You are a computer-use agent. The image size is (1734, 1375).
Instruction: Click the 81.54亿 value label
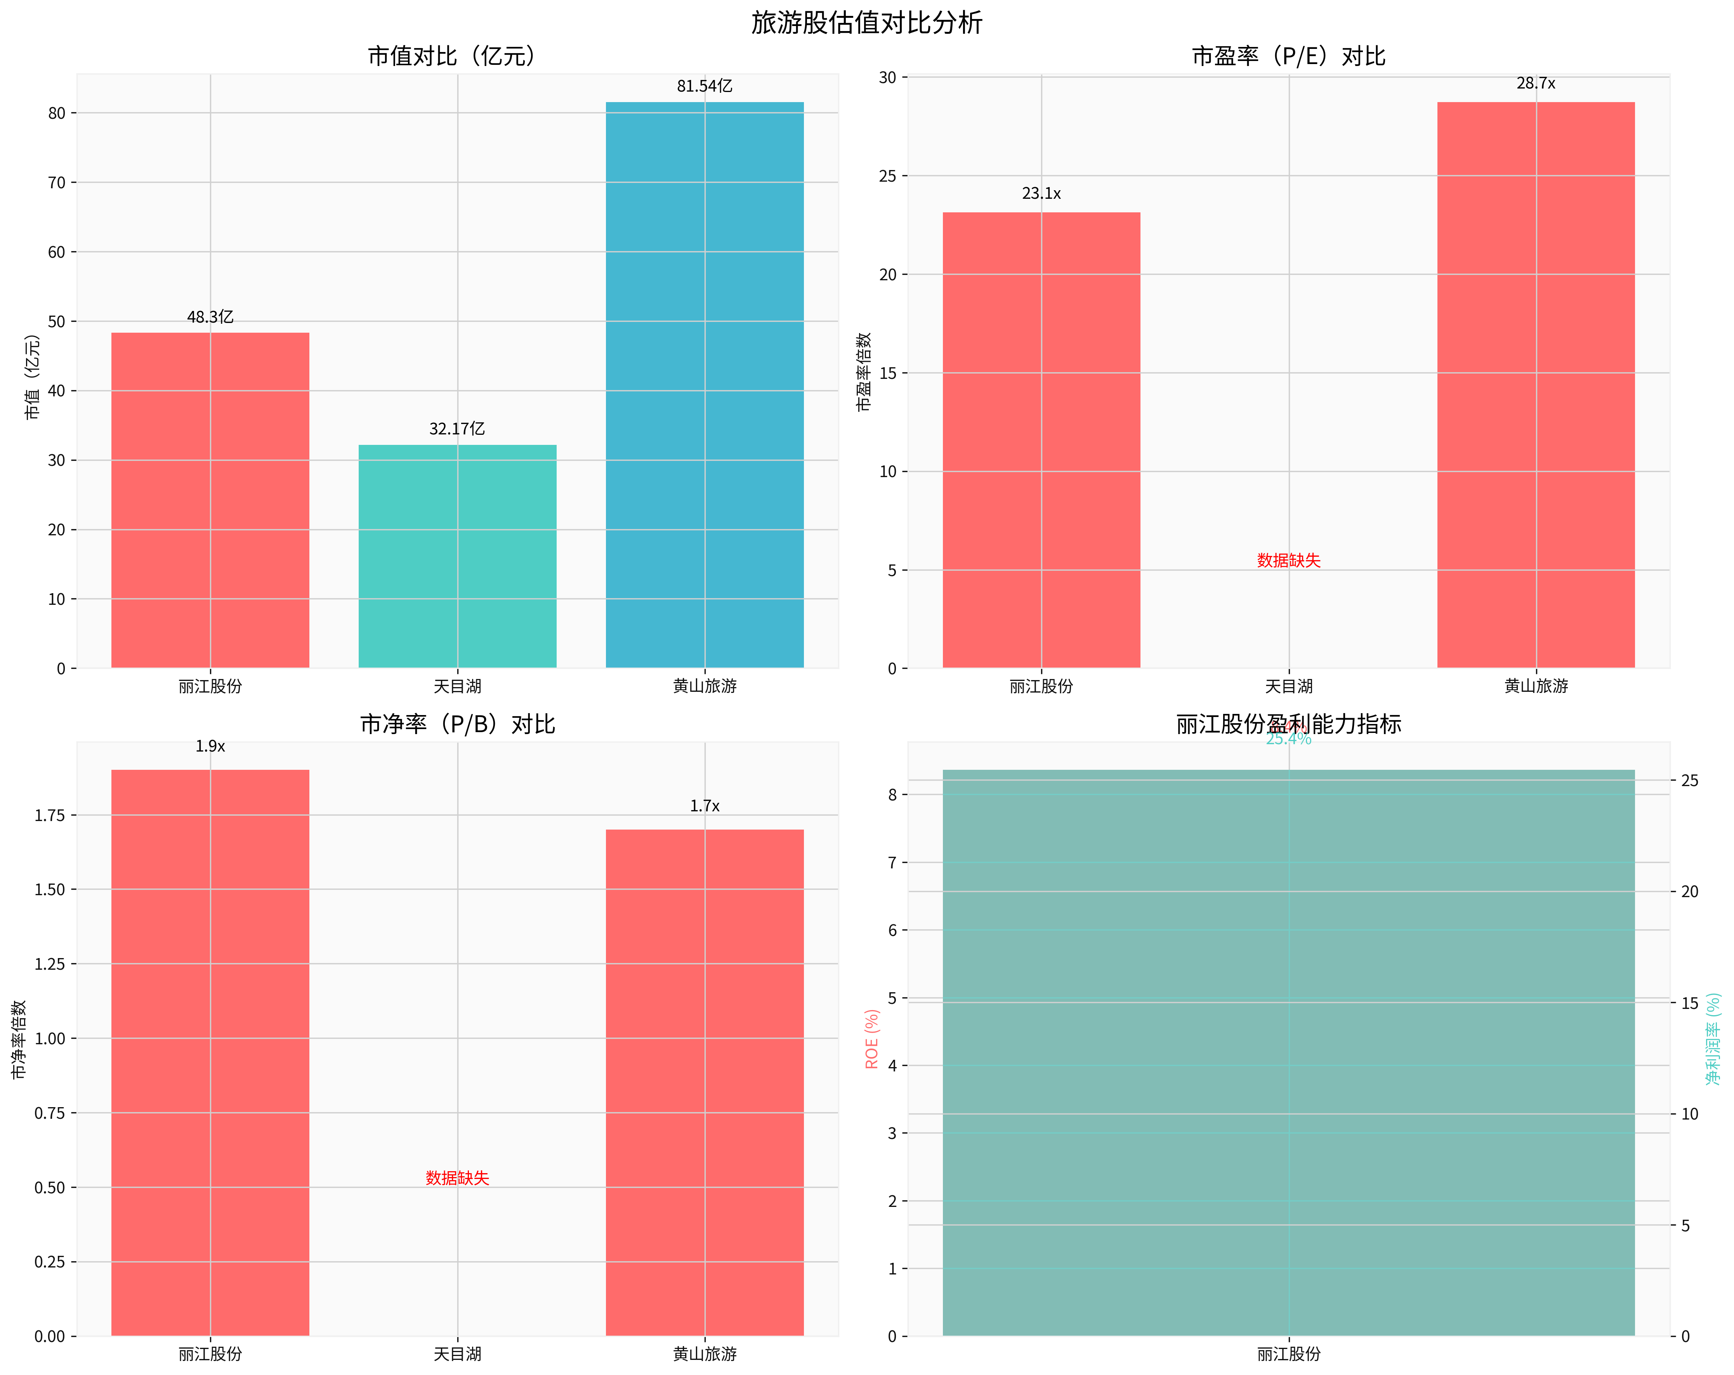coord(705,86)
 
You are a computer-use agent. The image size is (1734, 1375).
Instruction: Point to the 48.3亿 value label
coord(210,317)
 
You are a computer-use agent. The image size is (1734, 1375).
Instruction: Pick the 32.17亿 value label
coord(457,429)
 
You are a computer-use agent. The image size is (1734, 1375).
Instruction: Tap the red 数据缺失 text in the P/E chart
coord(1288,561)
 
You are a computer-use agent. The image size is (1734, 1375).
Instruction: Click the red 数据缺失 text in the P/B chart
coord(457,1178)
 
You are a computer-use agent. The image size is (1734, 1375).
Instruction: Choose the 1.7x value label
coord(705,806)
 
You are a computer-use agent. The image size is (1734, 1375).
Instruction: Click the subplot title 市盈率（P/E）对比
coord(1288,56)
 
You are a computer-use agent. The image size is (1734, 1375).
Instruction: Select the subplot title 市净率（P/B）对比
coord(457,724)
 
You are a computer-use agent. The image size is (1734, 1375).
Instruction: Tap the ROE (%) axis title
coord(872,1039)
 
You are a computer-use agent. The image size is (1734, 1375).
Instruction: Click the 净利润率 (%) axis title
coord(1714,1039)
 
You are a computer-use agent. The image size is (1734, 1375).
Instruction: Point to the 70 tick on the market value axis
coord(56,182)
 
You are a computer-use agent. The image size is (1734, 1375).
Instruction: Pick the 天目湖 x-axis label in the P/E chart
coord(1288,686)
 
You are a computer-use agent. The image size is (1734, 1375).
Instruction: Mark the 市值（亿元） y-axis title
coord(32,376)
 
